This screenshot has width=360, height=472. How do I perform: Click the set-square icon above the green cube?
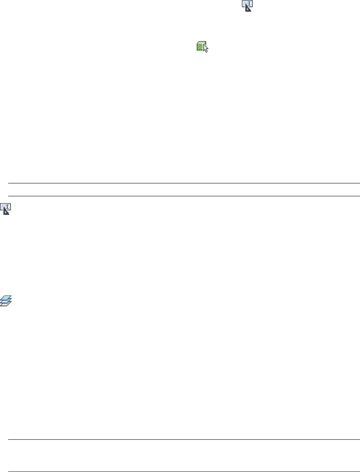247,5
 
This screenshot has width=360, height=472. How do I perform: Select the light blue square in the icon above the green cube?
245,4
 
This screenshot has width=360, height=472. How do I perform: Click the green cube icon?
202,47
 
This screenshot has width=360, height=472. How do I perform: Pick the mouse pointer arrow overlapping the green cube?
206,49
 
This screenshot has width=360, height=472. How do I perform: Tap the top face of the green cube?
201,43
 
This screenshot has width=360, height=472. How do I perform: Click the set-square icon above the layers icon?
6,209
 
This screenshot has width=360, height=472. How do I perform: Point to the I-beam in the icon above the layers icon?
9,206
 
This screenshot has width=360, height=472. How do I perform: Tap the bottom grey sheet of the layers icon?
5,305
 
